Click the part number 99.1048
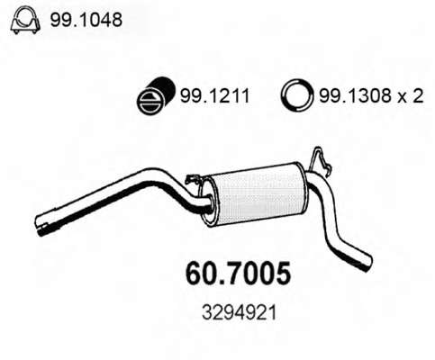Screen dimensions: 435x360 point(86,20)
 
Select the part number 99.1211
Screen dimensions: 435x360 point(214,96)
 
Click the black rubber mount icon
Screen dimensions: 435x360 point(156,95)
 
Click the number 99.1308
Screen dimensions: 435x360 point(355,96)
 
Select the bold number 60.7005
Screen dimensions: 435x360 point(239,274)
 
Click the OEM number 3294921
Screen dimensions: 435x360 point(239,313)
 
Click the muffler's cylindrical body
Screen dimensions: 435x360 point(258,194)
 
